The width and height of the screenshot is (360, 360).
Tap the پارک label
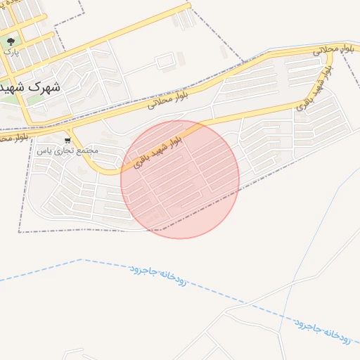(10, 51)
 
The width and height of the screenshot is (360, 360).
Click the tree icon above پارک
(11, 41)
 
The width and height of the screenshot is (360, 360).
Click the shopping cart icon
(67, 141)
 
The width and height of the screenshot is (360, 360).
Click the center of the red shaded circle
(180, 179)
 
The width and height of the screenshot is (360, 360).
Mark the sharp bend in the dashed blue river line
(82, 259)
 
